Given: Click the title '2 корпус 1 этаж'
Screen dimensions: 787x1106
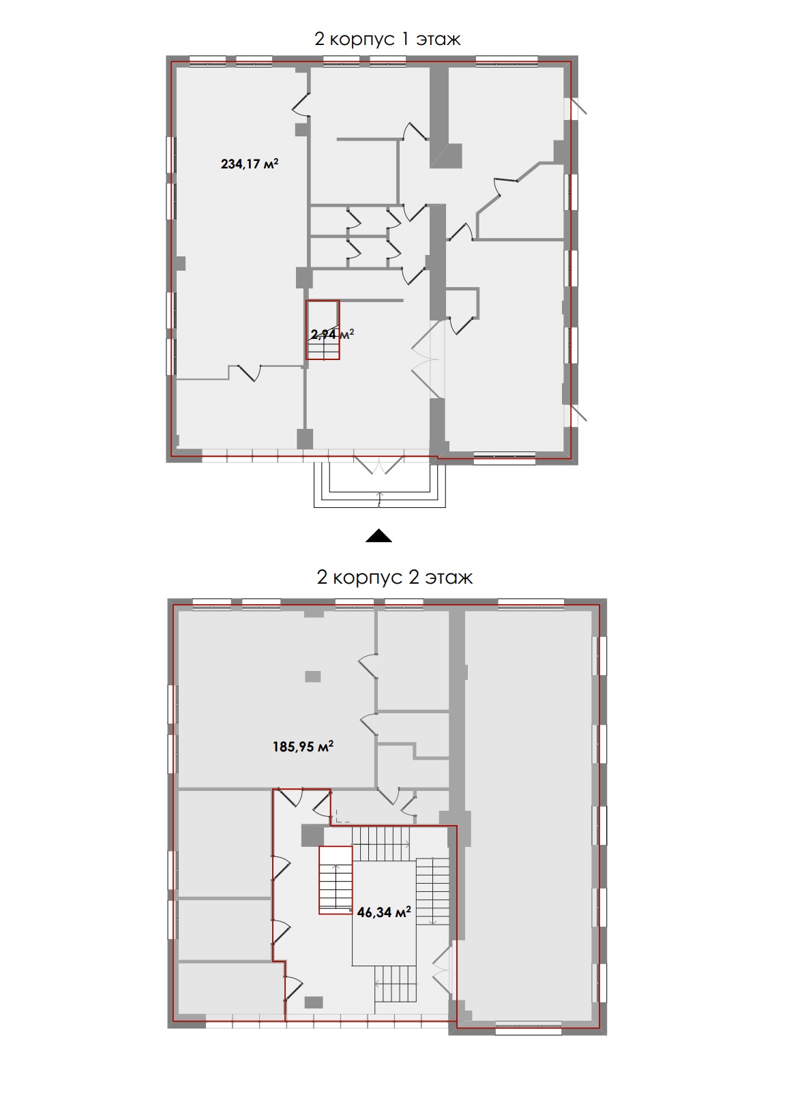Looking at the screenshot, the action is point(387,40).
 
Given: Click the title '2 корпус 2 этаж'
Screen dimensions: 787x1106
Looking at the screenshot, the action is point(394,577).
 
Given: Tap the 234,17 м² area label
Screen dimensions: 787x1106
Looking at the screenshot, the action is point(250,164).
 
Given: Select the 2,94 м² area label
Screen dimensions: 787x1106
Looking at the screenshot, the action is point(332,334).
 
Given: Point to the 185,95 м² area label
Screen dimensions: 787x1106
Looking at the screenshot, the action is point(303,746).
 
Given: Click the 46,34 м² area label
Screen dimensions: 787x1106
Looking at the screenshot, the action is point(384,912).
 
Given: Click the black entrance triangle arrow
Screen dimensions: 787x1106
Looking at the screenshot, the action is point(378,536).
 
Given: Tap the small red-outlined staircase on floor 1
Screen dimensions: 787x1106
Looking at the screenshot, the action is point(323,330).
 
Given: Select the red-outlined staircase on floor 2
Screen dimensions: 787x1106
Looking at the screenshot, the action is point(336,880).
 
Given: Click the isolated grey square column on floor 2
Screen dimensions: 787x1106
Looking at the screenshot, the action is point(312,676).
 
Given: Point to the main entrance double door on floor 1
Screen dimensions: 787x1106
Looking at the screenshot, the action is point(379,464).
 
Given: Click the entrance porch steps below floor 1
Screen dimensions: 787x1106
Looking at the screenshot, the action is point(379,485).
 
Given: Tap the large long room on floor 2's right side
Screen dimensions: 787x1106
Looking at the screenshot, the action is point(529,816).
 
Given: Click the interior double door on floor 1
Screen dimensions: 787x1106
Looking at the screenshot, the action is point(425,359).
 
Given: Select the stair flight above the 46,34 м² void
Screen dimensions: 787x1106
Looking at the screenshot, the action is point(381,844).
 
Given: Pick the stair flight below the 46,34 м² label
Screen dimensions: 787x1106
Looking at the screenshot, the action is point(396,983).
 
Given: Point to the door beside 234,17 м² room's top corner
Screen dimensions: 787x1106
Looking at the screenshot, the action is point(301,105).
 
